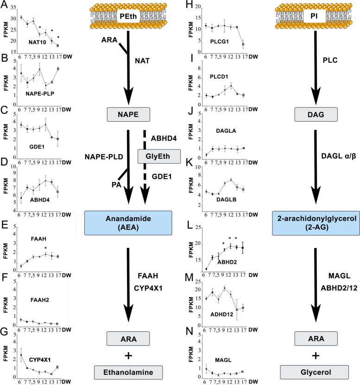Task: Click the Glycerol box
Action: (315, 372)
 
